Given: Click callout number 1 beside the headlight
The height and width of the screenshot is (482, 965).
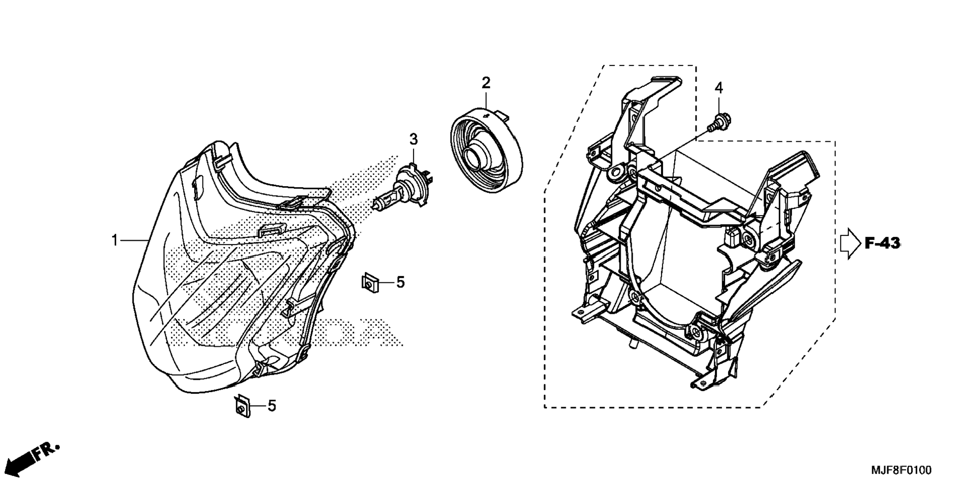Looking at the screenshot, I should pyautogui.click(x=114, y=241).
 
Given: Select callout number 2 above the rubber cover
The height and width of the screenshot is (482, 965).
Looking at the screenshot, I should pyautogui.click(x=485, y=83).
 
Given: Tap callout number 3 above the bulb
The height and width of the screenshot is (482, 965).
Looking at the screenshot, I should pyautogui.click(x=413, y=140).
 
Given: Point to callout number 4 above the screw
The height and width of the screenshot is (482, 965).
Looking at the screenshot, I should pyautogui.click(x=718, y=88).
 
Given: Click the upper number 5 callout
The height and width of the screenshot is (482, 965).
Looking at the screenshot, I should pyautogui.click(x=400, y=283).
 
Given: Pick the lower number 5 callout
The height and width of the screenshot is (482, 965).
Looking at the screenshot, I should pyautogui.click(x=271, y=406).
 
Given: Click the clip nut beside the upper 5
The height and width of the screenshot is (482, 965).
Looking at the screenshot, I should pyautogui.click(x=370, y=283).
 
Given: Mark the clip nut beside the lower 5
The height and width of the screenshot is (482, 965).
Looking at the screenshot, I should pyautogui.click(x=242, y=406).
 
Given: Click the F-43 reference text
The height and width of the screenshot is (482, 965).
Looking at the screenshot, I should pyautogui.click(x=882, y=243).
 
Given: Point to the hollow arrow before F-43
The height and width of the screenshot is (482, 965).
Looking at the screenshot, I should pyautogui.click(x=850, y=243).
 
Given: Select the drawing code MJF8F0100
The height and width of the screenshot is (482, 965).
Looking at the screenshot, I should pyautogui.click(x=901, y=471).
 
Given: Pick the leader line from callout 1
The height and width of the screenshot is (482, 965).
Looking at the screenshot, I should pyautogui.click(x=134, y=241).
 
